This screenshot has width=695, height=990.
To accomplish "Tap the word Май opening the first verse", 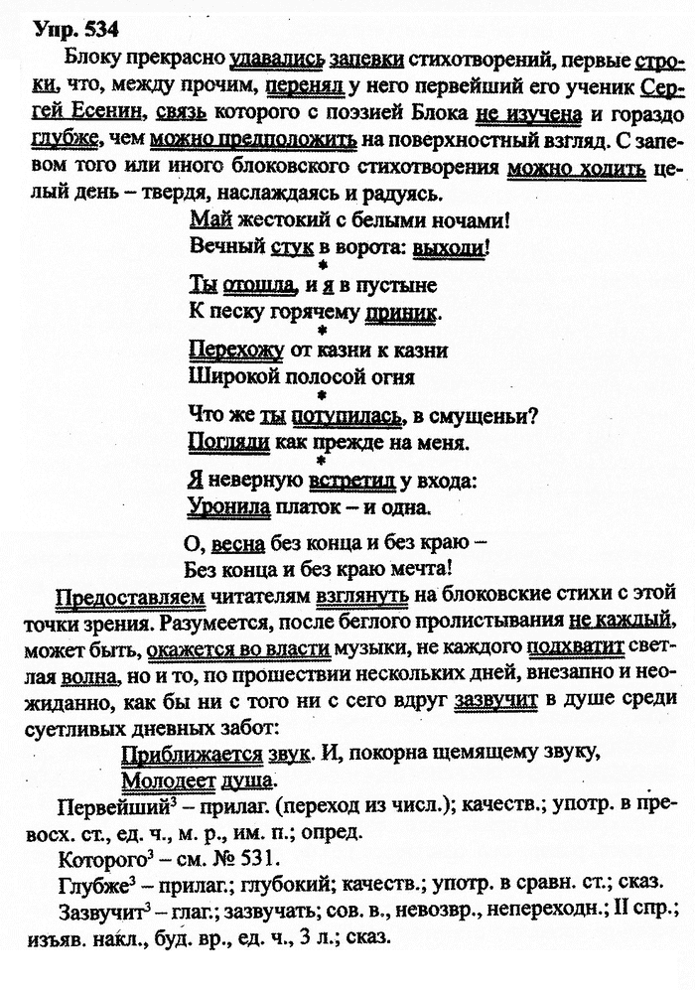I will [204, 217].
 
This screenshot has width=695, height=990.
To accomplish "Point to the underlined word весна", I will [239, 545].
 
